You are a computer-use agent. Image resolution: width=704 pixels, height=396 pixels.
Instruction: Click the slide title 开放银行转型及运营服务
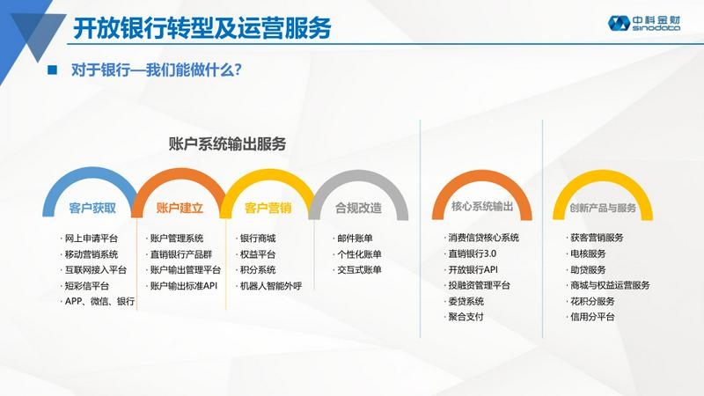pos(202,28)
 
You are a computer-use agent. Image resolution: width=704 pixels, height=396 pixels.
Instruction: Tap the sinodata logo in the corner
pos(644,23)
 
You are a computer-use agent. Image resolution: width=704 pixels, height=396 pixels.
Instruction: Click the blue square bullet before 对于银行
pos(53,70)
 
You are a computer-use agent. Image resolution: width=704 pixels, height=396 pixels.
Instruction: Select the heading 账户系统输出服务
pos(227,143)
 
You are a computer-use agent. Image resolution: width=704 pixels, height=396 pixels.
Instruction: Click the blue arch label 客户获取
pos(92,208)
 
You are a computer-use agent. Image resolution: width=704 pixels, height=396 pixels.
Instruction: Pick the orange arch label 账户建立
pos(180,208)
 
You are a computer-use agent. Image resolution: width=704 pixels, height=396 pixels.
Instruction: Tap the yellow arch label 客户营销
pos(268,208)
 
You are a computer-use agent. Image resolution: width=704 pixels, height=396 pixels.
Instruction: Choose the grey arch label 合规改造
pos(358,208)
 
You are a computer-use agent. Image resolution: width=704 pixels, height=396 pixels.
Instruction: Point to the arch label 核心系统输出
pos(482,206)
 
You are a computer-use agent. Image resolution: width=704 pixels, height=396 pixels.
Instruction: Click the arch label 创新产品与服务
pos(603,208)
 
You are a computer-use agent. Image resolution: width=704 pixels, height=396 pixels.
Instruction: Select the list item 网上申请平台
pos(92,238)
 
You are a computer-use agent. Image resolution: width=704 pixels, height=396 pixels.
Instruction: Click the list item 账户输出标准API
pos(184,285)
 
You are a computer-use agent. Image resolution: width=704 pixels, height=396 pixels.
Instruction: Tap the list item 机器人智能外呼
pos(271,285)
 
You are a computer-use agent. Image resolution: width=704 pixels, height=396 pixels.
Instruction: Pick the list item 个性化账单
pos(359,254)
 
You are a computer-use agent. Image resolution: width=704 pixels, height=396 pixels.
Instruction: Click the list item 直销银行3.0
pos(473,253)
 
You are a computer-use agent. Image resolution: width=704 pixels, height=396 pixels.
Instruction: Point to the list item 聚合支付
pos(466,317)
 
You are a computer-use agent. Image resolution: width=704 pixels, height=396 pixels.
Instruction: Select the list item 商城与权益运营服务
pos(610,285)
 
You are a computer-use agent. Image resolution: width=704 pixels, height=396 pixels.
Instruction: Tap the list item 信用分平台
pos(592,317)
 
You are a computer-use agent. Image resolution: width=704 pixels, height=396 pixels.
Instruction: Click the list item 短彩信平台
pos(86,285)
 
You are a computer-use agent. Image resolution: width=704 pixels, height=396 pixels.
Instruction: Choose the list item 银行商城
pos(258,238)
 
